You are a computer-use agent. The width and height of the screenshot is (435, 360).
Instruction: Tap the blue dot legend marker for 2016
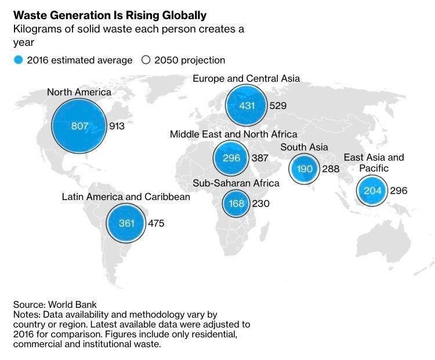(x=19, y=60)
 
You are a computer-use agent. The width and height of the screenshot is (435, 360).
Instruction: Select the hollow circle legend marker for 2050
(x=146, y=60)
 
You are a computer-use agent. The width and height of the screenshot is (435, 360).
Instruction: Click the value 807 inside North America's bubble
(x=80, y=126)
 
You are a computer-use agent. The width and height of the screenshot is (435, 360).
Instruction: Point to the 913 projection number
(x=117, y=126)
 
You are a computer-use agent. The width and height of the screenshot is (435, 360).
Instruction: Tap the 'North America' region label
(x=79, y=92)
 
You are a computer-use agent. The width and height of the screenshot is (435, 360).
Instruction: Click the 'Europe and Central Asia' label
(x=246, y=78)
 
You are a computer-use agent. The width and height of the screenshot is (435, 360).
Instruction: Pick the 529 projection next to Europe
(x=278, y=106)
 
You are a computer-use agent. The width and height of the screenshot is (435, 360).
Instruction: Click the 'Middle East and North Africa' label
(x=233, y=134)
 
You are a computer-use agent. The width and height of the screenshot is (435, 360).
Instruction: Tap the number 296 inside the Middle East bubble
(x=231, y=158)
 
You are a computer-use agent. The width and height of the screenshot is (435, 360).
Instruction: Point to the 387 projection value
(x=260, y=158)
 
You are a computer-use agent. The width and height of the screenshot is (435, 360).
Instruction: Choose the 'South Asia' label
(x=304, y=147)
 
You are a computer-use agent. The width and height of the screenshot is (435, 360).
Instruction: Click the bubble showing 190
(x=305, y=169)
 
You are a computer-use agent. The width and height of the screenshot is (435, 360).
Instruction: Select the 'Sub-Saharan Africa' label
(x=236, y=183)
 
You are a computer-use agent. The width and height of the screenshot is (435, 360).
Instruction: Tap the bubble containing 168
(x=236, y=203)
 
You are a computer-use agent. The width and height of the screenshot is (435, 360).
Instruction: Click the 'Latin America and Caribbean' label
(x=126, y=197)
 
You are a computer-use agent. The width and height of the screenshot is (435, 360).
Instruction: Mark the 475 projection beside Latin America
(x=156, y=223)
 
